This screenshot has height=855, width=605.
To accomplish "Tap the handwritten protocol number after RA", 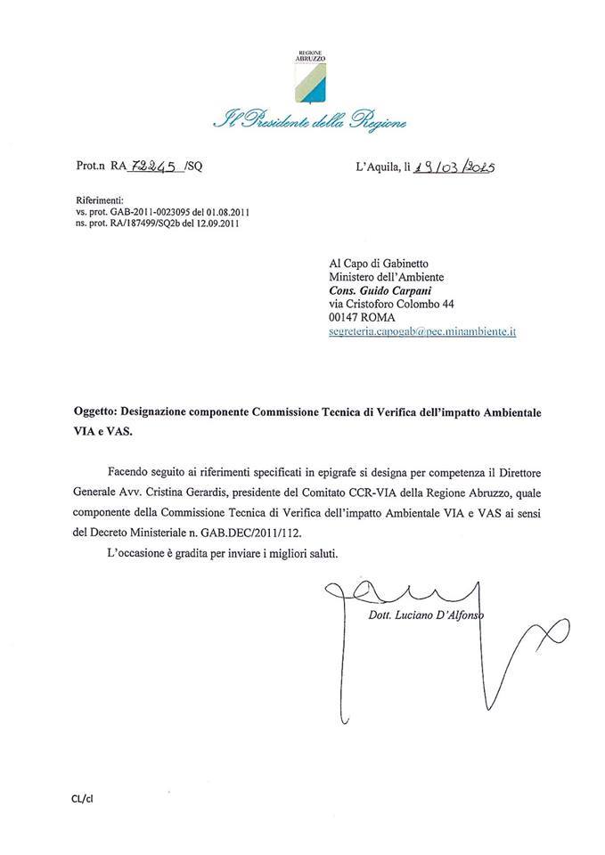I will pyautogui.click(x=154, y=166).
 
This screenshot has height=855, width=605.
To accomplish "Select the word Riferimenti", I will pyautogui.click(x=100, y=202).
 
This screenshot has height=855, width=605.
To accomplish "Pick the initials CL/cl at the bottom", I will pyautogui.click(x=83, y=798).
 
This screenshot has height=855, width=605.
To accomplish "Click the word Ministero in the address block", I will pyautogui.click(x=355, y=277).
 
